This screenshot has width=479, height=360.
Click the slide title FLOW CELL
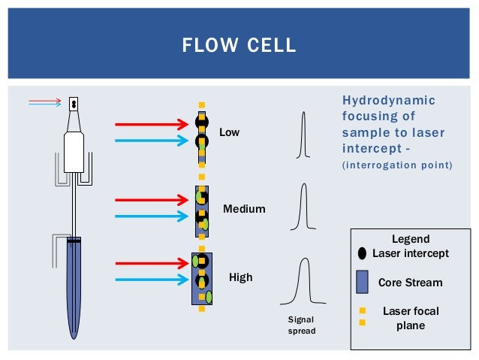point(239,46)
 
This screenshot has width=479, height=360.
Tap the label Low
point(229,132)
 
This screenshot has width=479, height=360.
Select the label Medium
point(244,208)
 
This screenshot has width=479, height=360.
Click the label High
point(240,277)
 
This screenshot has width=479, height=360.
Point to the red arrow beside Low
point(150,123)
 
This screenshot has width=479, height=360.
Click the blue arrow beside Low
point(150,140)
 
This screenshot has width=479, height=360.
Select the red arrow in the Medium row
point(150,200)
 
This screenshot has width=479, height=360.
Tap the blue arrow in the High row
point(150,280)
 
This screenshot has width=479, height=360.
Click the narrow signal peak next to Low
point(303,136)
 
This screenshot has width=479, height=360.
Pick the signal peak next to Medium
point(303,207)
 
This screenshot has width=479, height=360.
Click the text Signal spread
point(302,325)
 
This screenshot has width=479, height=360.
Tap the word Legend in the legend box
point(411,239)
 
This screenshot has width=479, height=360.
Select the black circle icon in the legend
point(362,253)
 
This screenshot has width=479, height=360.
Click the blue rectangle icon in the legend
point(362,283)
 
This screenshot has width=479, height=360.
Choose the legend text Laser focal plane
point(411,318)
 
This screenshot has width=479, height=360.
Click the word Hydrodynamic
point(388,101)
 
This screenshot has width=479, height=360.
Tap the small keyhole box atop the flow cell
point(74,104)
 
